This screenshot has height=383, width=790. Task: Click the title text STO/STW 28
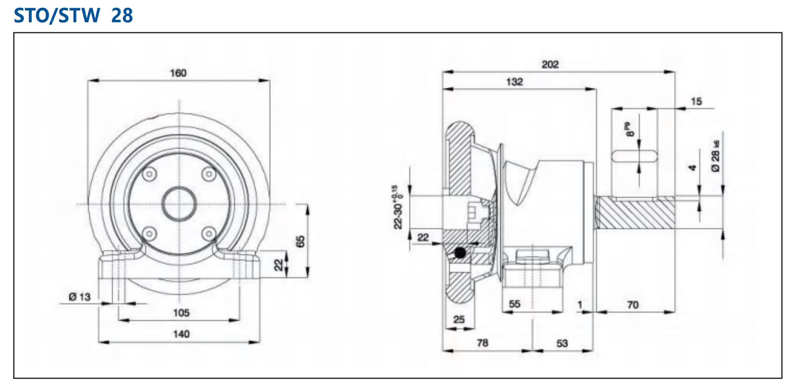pos(73,15)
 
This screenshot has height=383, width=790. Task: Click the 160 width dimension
pos(178,73)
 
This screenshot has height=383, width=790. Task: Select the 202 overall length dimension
pos(550,65)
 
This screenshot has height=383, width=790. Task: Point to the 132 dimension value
pos(514,82)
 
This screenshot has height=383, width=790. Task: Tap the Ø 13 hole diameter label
pos(80,297)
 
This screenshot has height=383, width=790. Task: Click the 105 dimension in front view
pos(181,313)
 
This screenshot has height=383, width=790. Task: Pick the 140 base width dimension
pos(181,334)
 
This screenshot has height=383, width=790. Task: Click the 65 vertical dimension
pos(300,242)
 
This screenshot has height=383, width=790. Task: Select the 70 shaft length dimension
pos(633,305)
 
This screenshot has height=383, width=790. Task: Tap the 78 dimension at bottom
pos(482,343)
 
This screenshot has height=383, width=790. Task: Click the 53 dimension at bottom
pos(562,343)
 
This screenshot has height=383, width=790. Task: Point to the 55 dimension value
pos(514,304)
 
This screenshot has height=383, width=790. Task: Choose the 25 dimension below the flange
pos(459,320)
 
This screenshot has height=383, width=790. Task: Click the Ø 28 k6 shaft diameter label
pos(716,156)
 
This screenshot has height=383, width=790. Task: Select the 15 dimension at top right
pos(696,101)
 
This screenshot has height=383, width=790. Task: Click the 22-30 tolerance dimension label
pos(397,207)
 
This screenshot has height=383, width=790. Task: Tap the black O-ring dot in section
pos(460,252)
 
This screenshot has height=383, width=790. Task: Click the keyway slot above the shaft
pos(634,156)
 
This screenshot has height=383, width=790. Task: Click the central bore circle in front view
pos(179,204)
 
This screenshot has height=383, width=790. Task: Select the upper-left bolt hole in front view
pos(149,174)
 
